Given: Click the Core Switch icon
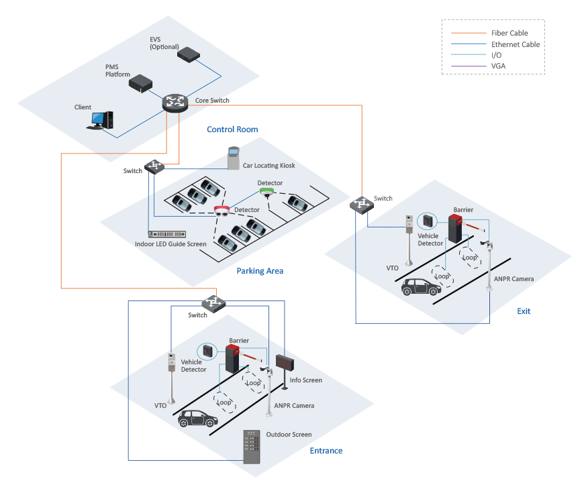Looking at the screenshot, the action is click(175, 103).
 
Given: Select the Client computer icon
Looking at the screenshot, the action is click(100, 120).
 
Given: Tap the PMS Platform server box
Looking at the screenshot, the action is click(140, 83).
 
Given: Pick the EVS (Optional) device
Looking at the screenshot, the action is click(189, 55).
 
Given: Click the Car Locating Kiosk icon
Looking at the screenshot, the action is click(234, 158).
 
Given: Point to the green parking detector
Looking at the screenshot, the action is click(266, 192).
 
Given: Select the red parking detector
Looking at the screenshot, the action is click(222, 211).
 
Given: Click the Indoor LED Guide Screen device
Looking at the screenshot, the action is click(167, 234).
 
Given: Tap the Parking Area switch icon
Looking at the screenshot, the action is click(154, 166).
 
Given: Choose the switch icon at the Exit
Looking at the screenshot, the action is click(361, 205).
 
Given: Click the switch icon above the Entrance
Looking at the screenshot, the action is click(213, 303).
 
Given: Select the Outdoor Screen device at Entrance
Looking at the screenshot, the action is click(252, 447).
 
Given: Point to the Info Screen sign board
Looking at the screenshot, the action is click(285, 362).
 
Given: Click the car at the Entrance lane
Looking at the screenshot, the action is click(198, 419).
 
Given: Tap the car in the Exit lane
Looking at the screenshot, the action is click(422, 287).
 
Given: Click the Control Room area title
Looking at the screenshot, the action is click(232, 129).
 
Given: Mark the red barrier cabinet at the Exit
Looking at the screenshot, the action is click(455, 229).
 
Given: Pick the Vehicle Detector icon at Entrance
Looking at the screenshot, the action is click(207, 351).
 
